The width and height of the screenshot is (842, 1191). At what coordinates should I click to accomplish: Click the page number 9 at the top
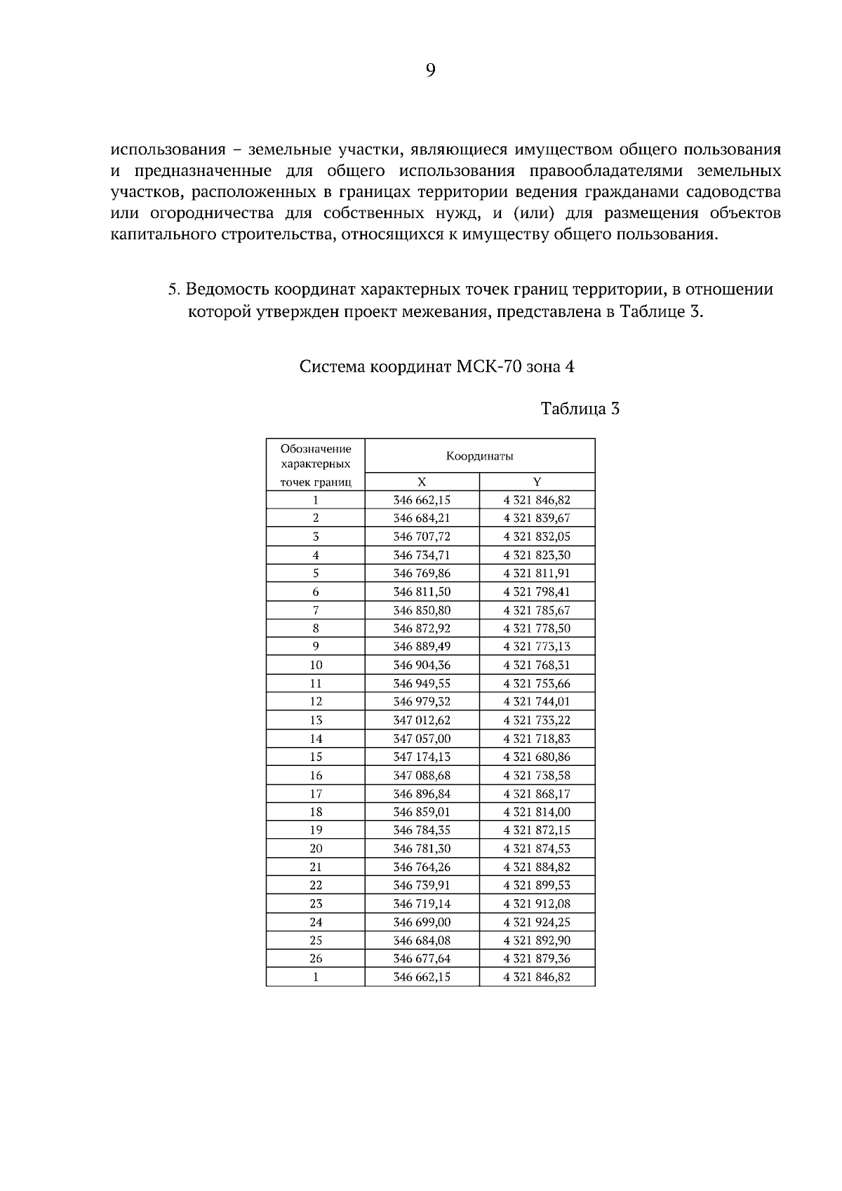(431, 69)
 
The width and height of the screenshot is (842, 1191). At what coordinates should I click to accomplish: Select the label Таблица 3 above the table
(580, 408)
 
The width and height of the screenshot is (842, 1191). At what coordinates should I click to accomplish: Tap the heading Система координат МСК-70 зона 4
(436, 366)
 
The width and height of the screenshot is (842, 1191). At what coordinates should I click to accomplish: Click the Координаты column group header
(479, 456)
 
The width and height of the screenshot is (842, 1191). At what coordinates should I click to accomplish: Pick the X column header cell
(422, 482)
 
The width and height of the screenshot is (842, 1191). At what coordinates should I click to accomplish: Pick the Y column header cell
(537, 482)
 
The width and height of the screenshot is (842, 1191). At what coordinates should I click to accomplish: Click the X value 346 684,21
(422, 518)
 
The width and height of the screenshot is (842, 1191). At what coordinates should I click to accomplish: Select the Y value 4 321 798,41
(537, 592)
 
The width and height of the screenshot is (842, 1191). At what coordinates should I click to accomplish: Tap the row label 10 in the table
(316, 665)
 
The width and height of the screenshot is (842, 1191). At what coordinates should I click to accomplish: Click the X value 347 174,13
(422, 757)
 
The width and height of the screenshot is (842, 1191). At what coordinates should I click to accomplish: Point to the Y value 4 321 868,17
(537, 793)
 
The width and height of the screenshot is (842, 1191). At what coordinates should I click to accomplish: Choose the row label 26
(316, 958)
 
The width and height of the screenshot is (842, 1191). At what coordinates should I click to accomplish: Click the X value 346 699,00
(422, 922)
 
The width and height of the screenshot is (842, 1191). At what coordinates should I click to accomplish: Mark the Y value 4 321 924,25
(537, 922)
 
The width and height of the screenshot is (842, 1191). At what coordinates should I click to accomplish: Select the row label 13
(316, 720)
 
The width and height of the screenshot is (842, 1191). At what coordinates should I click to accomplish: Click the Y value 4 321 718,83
(537, 739)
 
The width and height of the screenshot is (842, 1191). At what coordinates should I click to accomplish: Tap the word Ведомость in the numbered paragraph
(228, 289)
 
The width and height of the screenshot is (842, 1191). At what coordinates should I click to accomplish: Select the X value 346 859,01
(422, 812)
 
